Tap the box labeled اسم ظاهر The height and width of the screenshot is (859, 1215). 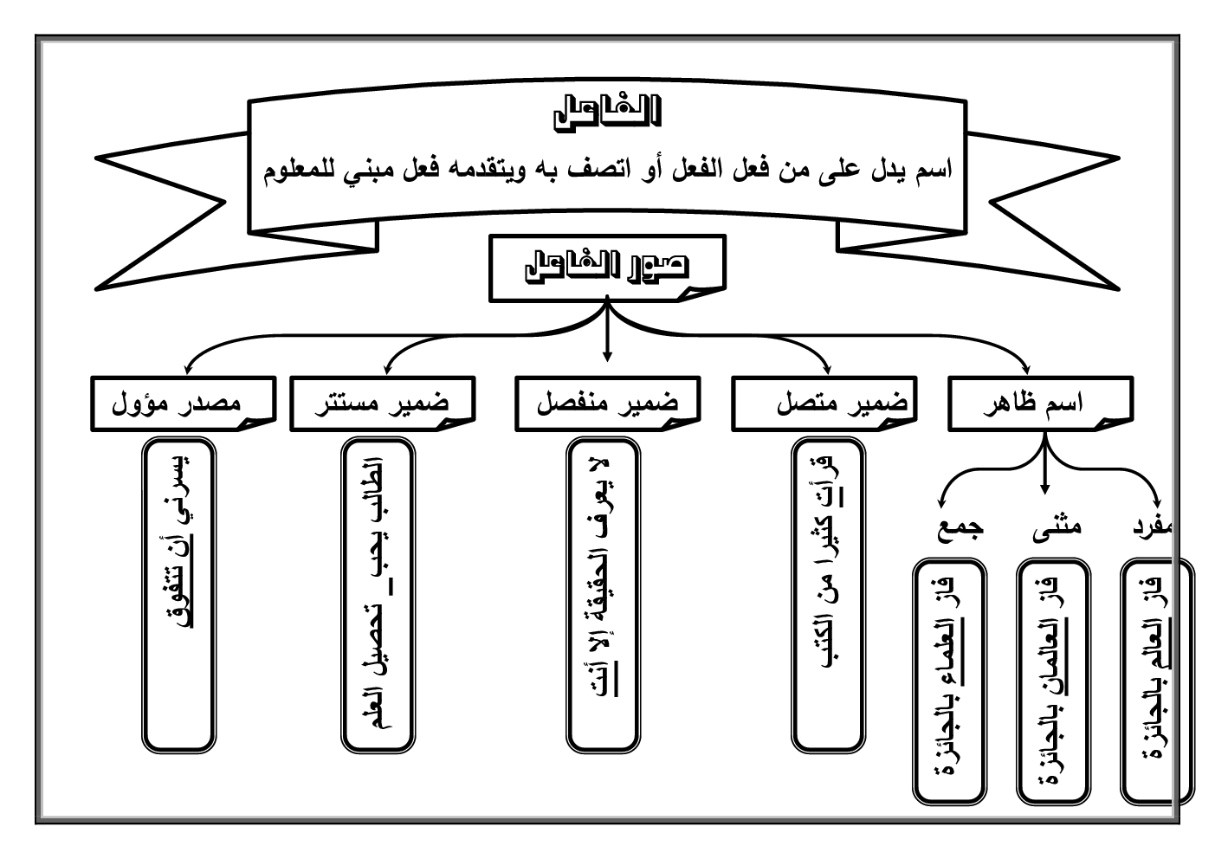coord(1039,404)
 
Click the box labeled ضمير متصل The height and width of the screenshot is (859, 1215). coord(824,404)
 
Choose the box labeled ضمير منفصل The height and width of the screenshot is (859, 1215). coord(607,404)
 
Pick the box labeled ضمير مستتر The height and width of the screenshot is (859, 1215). coord(381,404)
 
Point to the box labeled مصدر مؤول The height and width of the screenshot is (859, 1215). coord(181,404)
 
